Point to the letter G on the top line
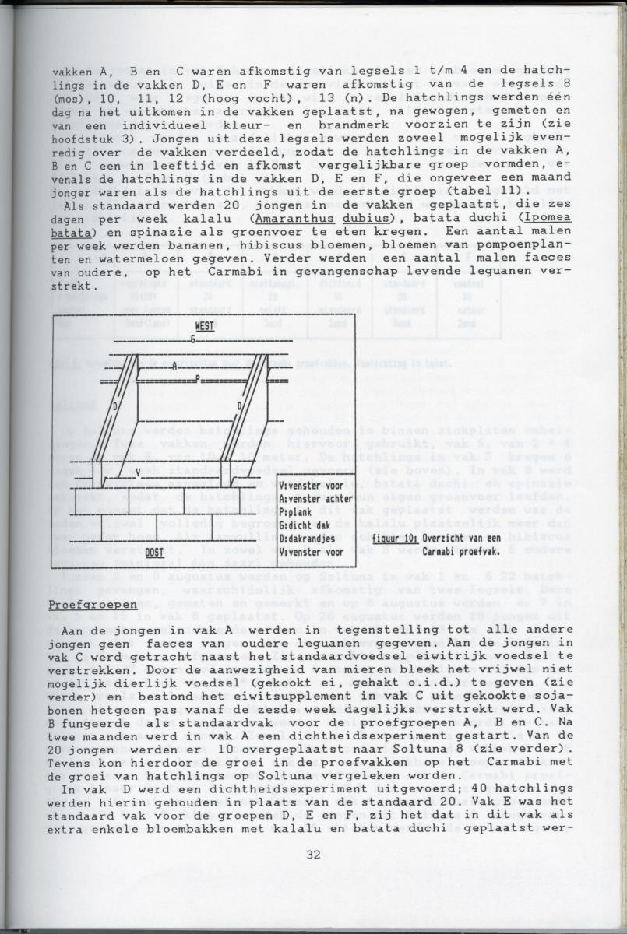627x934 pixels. pyautogui.click(x=193, y=340)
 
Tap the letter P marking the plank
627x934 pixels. pyautogui.click(x=198, y=379)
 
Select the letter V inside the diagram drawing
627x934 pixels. pyautogui.click(x=138, y=471)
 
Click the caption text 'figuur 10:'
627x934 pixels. pyautogui.click(x=396, y=538)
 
